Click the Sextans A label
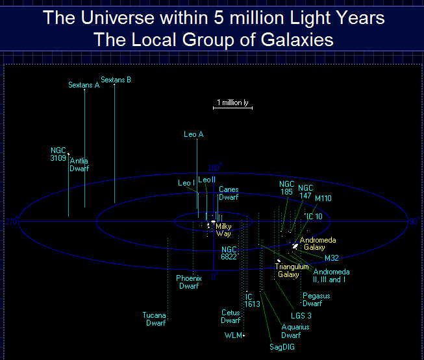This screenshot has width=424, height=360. (x=84, y=85)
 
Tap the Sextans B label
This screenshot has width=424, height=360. (x=116, y=80)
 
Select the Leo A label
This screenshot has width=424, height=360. (x=193, y=134)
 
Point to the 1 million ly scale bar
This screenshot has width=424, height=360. (x=233, y=108)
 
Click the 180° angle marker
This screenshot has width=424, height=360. (x=215, y=167)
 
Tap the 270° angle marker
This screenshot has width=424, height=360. (x=12, y=222)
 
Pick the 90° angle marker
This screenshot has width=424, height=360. (x=414, y=221)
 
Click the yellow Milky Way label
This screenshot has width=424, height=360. (x=223, y=230)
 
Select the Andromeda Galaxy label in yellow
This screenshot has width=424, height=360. (x=318, y=244)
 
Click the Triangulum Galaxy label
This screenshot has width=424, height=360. (x=292, y=270)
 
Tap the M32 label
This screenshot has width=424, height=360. (x=332, y=258)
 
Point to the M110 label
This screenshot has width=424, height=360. (x=323, y=198)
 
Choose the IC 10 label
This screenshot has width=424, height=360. (x=314, y=216)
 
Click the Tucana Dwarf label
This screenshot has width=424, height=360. (x=154, y=319)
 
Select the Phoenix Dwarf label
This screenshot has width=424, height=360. (x=189, y=282)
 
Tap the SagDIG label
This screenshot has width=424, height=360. (x=282, y=347)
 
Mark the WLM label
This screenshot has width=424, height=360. (x=233, y=335)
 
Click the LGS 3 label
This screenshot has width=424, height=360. (x=301, y=316)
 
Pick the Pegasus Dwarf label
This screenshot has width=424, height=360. (x=316, y=300)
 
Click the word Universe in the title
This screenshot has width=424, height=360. (x=118, y=18)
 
